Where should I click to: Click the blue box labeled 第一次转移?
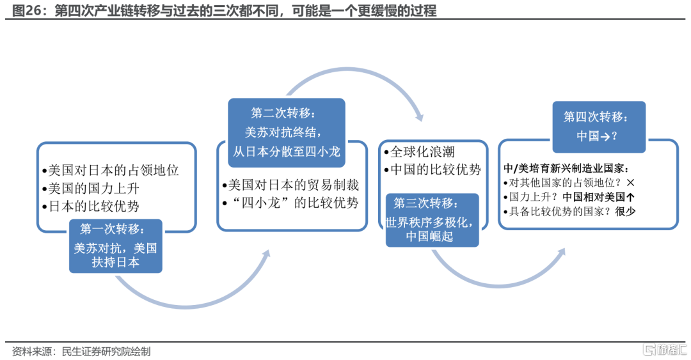coord(115,246)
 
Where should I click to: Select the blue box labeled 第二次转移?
coord(287,132)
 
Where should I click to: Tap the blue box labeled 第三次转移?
coord(432,220)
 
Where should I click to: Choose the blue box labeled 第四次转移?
coord(599,127)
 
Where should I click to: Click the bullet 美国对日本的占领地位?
coord(111,170)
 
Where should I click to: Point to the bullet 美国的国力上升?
coord(91,189)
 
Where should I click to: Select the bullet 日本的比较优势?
coord(91,207)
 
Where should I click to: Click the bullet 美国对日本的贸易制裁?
coord(291,185)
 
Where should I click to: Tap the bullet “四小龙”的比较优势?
coord(291,203)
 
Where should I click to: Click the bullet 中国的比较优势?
coord(433,169)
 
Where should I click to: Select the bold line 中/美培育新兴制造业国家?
coord(567,168)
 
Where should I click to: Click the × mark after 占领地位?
coord(630,182)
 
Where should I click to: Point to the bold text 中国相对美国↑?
coord(598,197)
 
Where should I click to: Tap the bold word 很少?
coord(625,212)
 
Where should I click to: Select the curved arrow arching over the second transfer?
coord(348,70)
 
